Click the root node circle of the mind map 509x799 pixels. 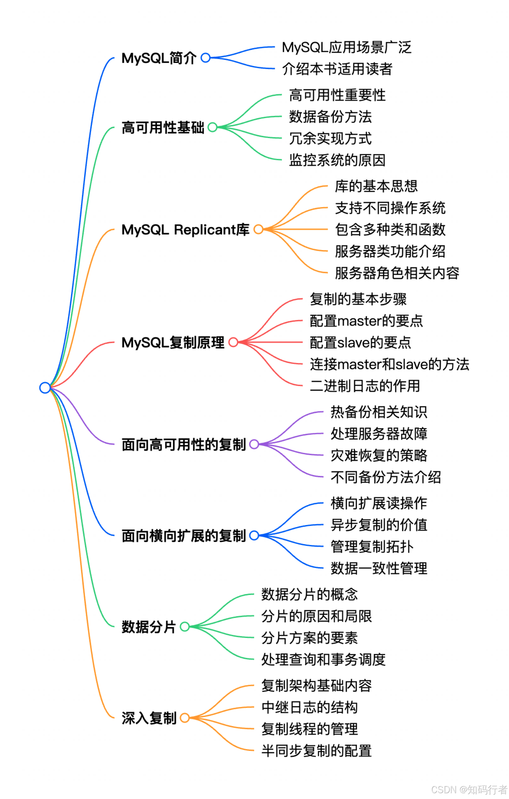(x=45, y=388)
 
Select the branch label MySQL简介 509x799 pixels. (x=159, y=58)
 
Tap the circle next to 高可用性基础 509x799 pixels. (x=213, y=127)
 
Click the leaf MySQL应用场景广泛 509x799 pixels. (x=346, y=47)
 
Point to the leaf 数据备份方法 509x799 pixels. (x=330, y=117)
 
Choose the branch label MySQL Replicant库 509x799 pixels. (x=185, y=229)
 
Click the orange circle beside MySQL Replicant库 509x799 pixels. (x=258, y=229)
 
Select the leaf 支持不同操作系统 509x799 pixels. (x=390, y=208)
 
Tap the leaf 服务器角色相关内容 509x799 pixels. (x=397, y=273)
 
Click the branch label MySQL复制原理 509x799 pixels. (x=173, y=343)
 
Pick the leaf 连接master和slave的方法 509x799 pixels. (x=389, y=364)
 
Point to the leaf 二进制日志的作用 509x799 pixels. (x=365, y=386)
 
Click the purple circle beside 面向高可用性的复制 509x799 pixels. (x=254, y=444)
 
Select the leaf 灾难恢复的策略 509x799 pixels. (x=379, y=455)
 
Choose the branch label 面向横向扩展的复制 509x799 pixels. (x=184, y=536)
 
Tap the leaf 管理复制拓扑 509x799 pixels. (x=372, y=547)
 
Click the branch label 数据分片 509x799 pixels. (x=148, y=627)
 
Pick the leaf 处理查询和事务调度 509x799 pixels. (x=323, y=659)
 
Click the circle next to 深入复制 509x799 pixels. (x=185, y=718)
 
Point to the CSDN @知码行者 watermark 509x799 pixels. (x=469, y=790)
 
